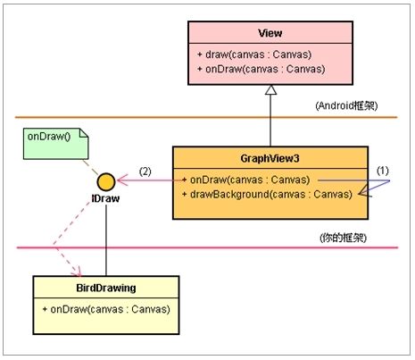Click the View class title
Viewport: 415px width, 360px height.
tap(270, 33)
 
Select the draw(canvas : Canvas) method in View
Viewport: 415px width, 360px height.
tap(254, 54)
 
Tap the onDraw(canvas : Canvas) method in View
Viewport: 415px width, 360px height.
tap(261, 69)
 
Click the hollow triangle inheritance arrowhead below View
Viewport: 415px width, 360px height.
tap(270, 90)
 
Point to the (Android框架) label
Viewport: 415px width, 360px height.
tap(346, 105)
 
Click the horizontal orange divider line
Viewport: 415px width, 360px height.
tap(206, 117)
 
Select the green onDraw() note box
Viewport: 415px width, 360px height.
tap(56, 144)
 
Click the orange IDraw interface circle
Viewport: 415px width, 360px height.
tap(106, 181)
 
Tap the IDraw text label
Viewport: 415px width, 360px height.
tap(105, 198)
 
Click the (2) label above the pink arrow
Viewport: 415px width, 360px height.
tap(145, 172)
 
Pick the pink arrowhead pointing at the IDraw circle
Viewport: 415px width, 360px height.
tap(122, 180)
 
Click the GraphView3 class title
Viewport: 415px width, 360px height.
tap(270, 158)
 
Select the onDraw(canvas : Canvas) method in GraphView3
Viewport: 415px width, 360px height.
tap(246, 180)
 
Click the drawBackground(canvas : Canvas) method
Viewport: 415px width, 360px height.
tap(267, 195)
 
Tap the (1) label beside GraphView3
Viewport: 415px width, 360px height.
tap(383, 171)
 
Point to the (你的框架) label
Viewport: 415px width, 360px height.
tap(344, 238)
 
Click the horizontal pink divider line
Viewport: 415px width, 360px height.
tap(207, 247)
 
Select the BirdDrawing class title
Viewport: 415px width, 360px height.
tap(106, 288)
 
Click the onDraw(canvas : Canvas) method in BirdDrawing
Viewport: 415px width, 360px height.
tap(106, 309)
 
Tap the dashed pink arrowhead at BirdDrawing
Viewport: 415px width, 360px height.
tap(77, 272)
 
